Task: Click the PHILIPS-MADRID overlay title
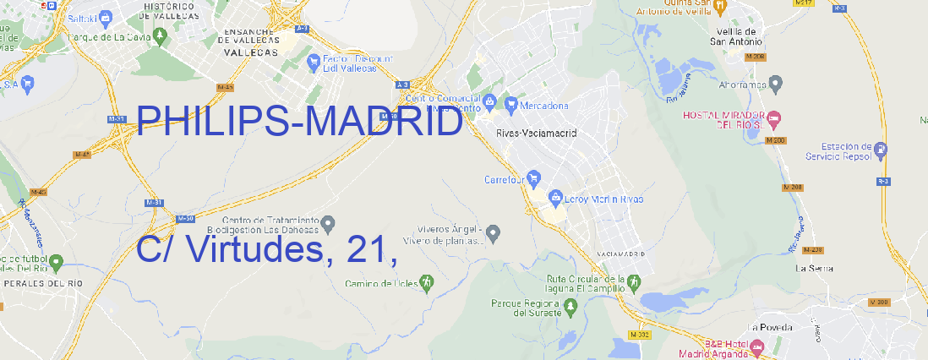click(x=299, y=123)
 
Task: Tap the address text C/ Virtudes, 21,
click(x=266, y=250)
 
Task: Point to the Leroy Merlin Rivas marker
click(x=555, y=199)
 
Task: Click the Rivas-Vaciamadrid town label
click(x=536, y=134)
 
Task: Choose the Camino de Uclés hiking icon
click(x=426, y=281)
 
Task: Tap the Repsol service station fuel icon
click(x=882, y=150)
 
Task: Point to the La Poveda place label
click(x=770, y=327)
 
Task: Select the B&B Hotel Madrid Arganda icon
click(x=757, y=347)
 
